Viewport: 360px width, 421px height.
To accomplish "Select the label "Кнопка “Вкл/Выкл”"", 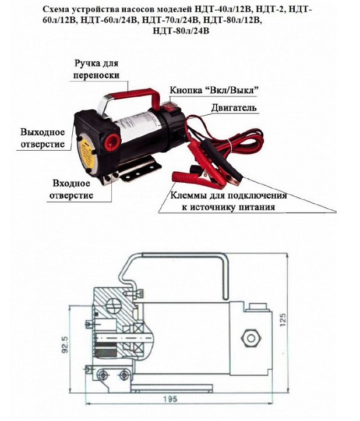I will [214, 90].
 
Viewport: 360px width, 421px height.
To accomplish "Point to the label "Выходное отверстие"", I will [42, 137].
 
